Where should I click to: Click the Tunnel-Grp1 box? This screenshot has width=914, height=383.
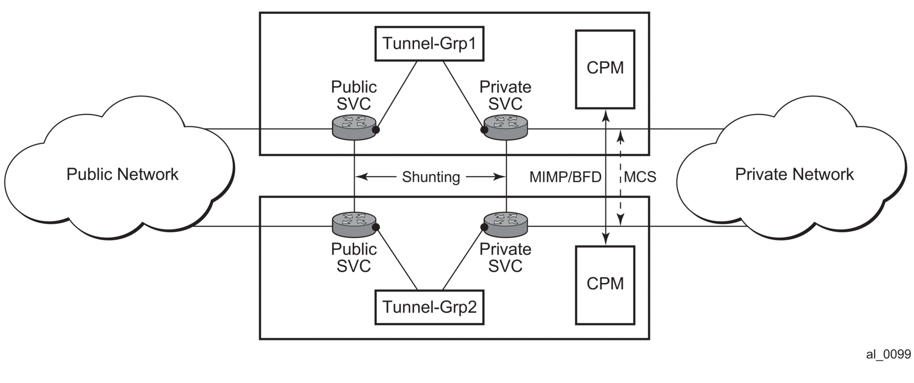tap(429, 44)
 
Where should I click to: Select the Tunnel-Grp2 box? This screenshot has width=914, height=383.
tap(429, 307)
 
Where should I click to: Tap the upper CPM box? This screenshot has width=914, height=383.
tap(605, 69)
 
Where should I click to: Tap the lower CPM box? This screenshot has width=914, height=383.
tap(605, 285)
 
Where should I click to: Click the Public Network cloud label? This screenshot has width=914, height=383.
tap(122, 175)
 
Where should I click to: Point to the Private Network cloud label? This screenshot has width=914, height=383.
tap(794, 175)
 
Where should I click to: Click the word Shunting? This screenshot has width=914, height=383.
tap(431, 177)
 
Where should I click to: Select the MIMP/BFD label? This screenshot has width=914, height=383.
tap(565, 177)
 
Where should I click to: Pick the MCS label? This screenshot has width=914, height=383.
tap(640, 177)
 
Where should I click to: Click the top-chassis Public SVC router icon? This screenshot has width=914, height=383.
tap(354, 127)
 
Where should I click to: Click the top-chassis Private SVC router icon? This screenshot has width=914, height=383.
tap(505, 127)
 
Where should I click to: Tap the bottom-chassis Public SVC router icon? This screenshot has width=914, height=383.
tap(354, 224)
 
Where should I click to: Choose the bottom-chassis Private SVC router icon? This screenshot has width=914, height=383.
tap(505, 224)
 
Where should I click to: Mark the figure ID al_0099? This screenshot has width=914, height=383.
tap(888, 354)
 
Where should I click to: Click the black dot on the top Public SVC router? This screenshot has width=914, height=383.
tap(376, 130)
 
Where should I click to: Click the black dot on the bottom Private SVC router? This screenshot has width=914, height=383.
tap(484, 226)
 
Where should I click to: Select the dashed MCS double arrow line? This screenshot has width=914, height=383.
tap(621, 154)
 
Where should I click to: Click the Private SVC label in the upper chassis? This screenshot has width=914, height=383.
tap(505, 95)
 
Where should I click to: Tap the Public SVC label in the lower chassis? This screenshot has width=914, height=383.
tap(354, 258)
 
